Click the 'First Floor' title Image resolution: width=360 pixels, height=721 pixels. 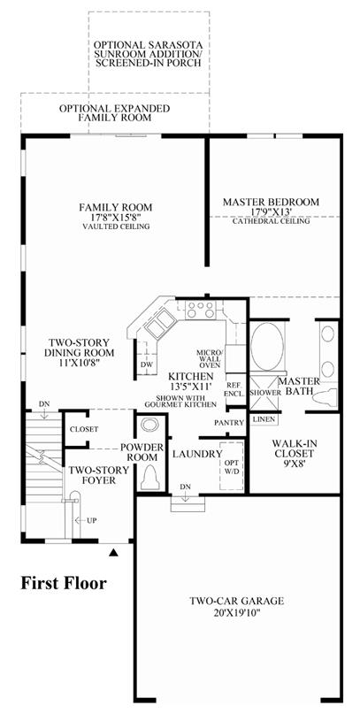(64, 584)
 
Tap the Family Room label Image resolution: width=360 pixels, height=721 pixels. (115, 206)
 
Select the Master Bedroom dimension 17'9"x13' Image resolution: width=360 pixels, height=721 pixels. (272, 211)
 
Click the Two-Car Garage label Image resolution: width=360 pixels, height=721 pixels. (237, 601)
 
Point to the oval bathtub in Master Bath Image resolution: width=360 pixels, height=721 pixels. (268, 344)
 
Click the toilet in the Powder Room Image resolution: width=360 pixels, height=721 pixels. (150, 478)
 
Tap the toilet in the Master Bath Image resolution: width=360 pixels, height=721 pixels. (325, 397)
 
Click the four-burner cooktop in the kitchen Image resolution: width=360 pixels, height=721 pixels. (201, 310)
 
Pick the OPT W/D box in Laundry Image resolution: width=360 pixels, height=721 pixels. (231, 466)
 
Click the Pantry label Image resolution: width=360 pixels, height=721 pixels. (229, 422)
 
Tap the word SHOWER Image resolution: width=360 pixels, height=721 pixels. (265, 394)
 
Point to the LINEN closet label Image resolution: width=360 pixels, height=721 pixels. (264, 419)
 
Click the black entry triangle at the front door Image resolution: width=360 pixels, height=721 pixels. (114, 553)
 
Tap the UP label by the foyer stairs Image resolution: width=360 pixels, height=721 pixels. (92, 520)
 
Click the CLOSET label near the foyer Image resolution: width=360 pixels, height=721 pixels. (84, 429)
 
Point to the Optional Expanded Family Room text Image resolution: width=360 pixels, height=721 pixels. (114, 113)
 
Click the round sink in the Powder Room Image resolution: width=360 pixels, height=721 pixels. (149, 425)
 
